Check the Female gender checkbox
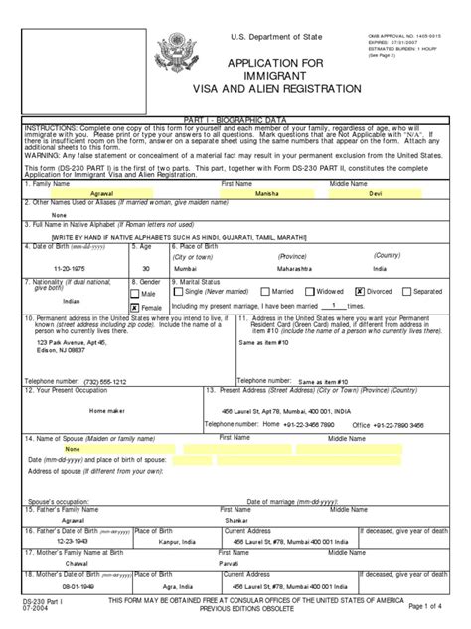pos(136,308)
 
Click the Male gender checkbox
pos(136,294)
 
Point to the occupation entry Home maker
pos(108,410)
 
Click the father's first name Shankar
pos(235,519)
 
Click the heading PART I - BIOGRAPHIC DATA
pos(235,146)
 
